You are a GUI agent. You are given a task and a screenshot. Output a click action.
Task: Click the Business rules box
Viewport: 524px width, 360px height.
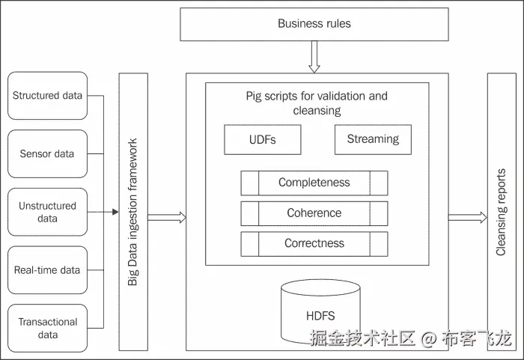point(314,24)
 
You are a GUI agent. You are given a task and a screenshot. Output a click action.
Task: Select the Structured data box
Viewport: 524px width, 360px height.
point(47,96)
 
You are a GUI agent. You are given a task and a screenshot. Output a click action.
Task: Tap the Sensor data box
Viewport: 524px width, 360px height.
point(47,154)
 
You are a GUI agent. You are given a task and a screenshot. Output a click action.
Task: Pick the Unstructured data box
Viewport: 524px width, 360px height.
point(47,213)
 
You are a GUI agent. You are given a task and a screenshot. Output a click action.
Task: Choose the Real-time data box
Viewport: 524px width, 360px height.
point(47,269)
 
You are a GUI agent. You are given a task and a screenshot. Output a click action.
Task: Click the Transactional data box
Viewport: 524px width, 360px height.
point(47,328)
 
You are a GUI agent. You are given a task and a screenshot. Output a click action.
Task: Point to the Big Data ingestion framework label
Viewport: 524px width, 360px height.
point(132,212)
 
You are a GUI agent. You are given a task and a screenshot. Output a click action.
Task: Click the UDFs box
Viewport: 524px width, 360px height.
point(262,139)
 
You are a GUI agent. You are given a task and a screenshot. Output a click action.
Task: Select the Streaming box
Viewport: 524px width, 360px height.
point(373,139)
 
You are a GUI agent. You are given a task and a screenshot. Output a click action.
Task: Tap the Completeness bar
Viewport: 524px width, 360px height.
point(314,183)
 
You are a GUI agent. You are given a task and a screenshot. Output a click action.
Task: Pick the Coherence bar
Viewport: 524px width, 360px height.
point(314,213)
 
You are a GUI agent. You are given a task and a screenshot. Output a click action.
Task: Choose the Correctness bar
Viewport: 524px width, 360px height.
point(314,243)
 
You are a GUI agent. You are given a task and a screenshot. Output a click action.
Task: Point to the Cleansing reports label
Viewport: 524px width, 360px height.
point(501,212)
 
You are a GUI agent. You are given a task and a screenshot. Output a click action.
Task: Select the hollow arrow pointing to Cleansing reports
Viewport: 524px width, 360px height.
point(466,218)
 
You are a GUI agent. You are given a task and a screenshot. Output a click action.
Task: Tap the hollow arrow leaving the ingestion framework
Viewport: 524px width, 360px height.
point(166,218)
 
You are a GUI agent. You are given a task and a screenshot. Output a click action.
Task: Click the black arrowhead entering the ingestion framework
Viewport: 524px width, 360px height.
point(115,213)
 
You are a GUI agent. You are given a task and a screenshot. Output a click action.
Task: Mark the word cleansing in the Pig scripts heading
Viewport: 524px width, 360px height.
point(317,111)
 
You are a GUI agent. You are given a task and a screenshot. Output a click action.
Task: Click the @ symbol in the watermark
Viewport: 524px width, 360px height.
point(427,339)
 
